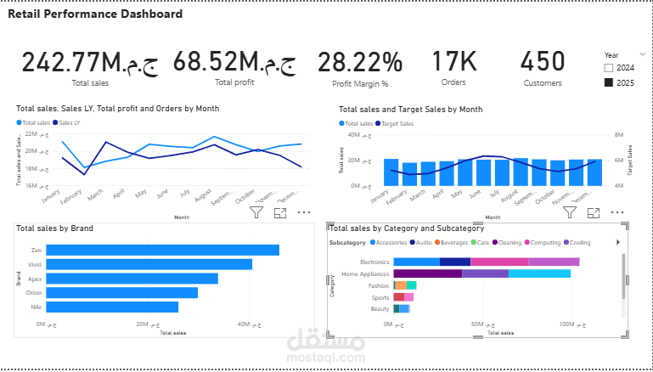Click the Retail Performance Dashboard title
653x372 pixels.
[x=94, y=14]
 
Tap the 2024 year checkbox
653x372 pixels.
[x=609, y=67]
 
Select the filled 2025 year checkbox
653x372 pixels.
[x=609, y=82]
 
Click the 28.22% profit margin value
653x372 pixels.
[x=360, y=62]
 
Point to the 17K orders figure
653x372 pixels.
[x=453, y=61]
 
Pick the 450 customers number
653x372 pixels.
[x=542, y=61]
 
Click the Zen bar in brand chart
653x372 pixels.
[x=162, y=250]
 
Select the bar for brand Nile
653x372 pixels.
[x=112, y=307]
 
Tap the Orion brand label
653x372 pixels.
[x=35, y=292]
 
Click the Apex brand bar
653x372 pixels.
[x=132, y=279]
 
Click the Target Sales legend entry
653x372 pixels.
[x=397, y=123]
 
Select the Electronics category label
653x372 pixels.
[x=374, y=262]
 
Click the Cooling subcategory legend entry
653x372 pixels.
[x=580, y=242]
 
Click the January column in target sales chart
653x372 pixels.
[x=391, y=172]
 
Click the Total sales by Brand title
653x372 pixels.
[x=54, y=228]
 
